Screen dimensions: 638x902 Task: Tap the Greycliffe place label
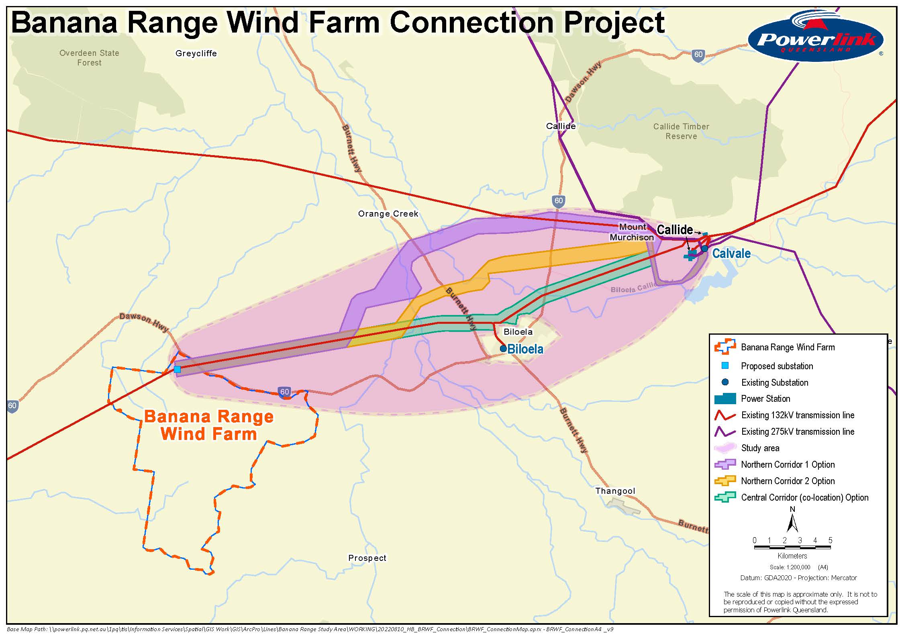(196, 53)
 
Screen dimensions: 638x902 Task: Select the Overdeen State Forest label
(89, 58)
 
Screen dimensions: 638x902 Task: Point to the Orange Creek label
(388, 214)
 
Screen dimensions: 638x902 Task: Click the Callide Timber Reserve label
(681, 131)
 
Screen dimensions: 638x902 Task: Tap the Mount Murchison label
(632, 232)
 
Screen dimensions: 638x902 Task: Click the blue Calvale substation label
(731, 254)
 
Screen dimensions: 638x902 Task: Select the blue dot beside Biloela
(503, 348)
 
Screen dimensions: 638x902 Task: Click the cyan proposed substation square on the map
(177, 369)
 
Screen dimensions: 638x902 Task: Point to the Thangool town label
(615, 491)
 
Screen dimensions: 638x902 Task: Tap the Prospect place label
(367, 558)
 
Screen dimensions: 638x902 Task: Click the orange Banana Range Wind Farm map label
(209, 425)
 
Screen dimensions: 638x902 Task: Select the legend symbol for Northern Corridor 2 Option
(725, 481)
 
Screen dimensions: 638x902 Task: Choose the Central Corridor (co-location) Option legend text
(804, 497)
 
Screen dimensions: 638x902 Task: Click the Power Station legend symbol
(725, 399)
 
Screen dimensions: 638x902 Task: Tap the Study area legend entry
(760, 448)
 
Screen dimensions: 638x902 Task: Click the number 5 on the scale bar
(830, 540)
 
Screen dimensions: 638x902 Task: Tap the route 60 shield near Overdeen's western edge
(12, 405)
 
